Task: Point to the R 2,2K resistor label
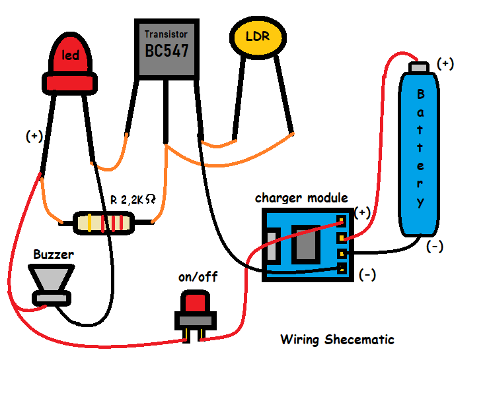pos(132,198)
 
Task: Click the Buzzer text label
pos(54,254)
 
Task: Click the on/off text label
pos(198,278)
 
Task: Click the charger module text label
pos(301,198)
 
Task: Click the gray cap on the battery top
pos(419,68)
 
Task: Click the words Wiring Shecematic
pos(337,340)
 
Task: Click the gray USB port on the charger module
pos(270,245)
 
